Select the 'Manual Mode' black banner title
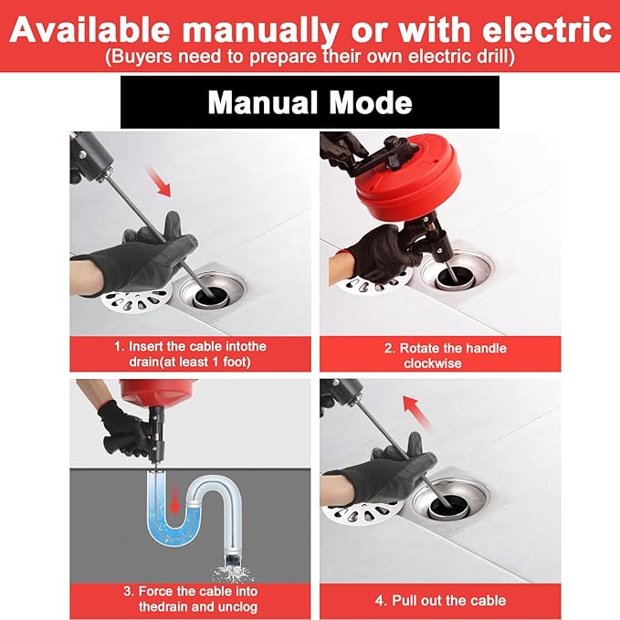click(310, 101)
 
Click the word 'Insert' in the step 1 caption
click(148, 347)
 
